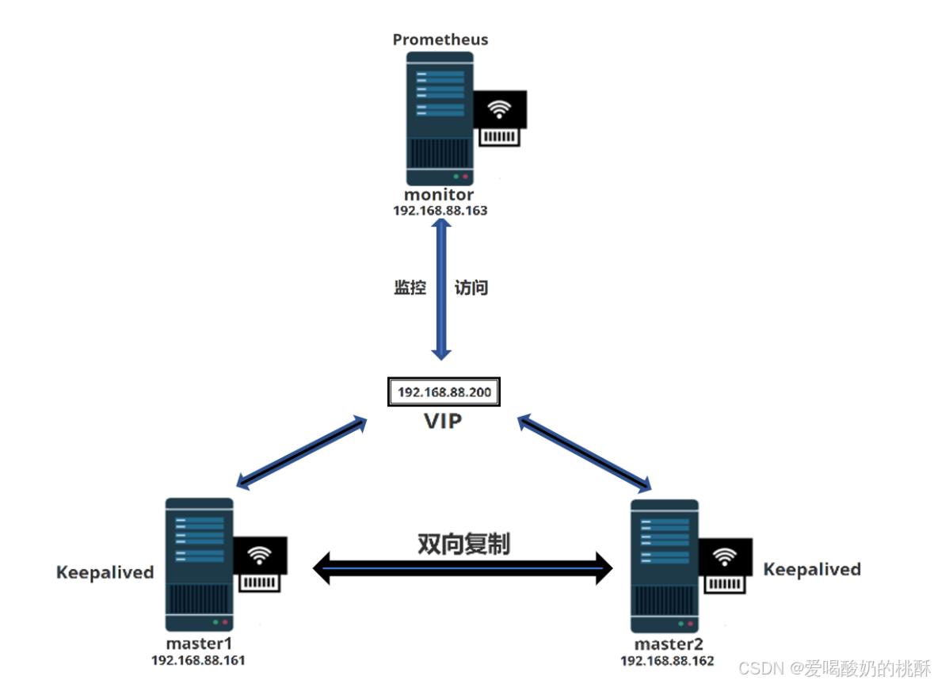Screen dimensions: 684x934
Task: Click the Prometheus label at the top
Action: click(x=440, y=39)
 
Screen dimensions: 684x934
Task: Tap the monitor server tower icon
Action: click(x=440, y=119)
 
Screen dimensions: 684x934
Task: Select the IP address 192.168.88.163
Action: click(x=440, y=212)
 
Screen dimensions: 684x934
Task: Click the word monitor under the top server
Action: click(x=440, y=195)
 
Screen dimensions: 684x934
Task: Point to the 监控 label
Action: click(x=410, y=288)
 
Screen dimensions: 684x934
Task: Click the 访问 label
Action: click(x=471, y=288)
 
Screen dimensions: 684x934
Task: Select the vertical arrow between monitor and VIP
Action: click(x=440, y=289)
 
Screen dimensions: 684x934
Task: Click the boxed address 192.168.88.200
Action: click(x=444, y=392)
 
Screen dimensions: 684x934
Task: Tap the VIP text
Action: click(x=442, y=421)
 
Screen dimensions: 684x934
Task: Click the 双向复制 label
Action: click(x=464, y=544)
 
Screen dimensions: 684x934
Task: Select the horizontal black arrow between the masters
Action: click(x=463, y=568)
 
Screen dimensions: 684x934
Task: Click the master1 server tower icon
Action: click(x=200, y=564)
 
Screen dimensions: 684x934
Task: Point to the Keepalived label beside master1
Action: click(x=105, y=572)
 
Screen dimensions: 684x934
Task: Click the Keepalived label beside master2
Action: click(x=812, y=569)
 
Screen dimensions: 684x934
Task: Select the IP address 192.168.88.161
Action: click(x=199, y=659)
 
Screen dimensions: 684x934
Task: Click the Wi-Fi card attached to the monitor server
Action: click(x=500, y=117)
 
